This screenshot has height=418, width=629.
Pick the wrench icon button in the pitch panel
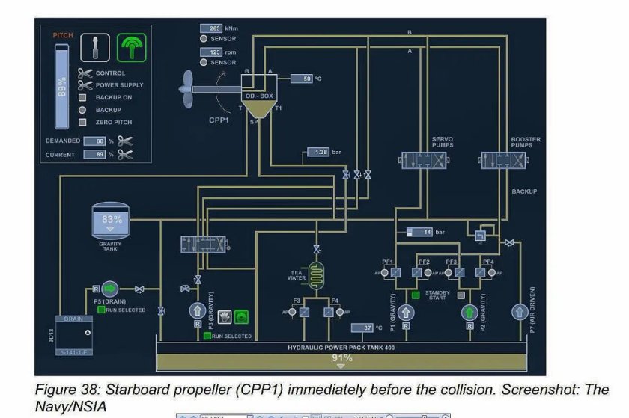[x=95, y=48]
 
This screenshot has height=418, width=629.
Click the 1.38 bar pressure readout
[x=319, y=152]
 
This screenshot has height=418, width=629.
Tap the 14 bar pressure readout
[x=421, y=233]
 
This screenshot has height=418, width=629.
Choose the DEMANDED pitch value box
[x=95, y=141]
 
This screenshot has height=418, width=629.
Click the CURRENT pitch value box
[x=95, y=154]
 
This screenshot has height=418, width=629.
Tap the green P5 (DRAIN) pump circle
[x=110, y=289]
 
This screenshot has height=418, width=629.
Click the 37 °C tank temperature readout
[x=362, y=328]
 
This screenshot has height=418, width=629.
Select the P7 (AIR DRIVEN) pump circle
[x=518, y=312]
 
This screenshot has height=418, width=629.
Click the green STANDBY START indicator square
[x=415, y=295]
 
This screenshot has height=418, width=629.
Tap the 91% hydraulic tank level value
[x=342, y=358]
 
